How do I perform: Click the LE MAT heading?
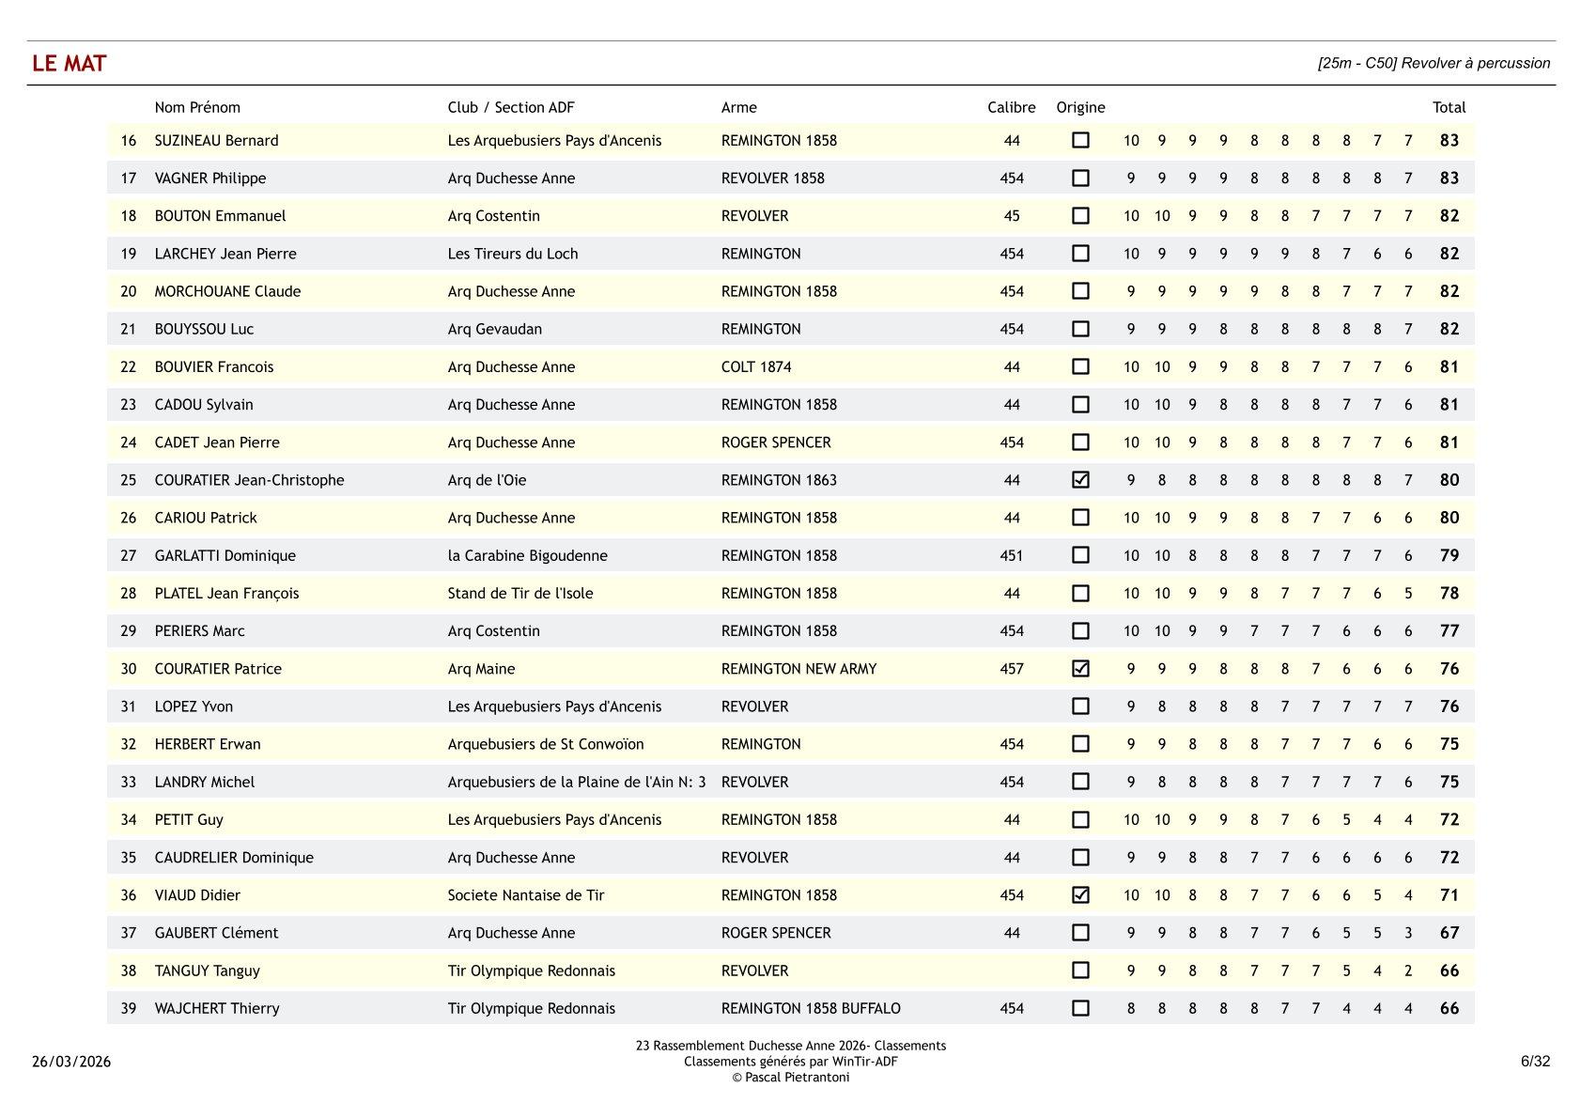pos(70,63)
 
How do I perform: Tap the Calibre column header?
pos(1011,107)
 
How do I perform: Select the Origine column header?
pos(1080,107)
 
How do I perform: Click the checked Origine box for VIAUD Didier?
pos(1080,894)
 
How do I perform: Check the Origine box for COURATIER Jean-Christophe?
pos(1080,479)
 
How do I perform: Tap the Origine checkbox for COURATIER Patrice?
pos(1080,668)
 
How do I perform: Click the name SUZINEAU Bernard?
pos(216,140)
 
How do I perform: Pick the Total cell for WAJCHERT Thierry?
pos(1449,1008)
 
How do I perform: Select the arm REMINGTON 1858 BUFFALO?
pos(811,1008)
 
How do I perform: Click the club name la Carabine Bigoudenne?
pos(527,555)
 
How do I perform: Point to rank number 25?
pos(129,480)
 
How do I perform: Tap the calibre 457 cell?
pos(1011,669)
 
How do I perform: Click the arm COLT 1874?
pos(756,366)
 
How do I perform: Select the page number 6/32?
pos(1535,1061)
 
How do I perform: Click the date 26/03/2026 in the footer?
pos(71,1062)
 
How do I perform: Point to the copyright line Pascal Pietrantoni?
pos(791,1078)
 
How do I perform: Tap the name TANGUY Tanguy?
pos(207,970)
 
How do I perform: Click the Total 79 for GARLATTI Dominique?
pos(1449,555)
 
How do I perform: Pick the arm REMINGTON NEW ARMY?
pos(798,669)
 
